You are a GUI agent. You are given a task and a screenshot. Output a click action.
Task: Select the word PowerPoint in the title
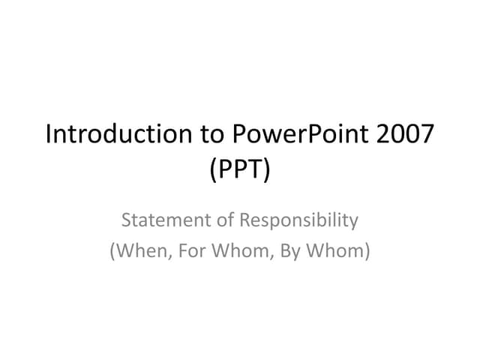pyautogui.click(x=284, y=136)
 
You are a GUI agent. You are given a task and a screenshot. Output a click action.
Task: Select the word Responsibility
pyautogui.click(x=298, y=221)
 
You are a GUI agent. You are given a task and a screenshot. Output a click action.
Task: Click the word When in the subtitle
pyautogui.click(x=138, y=251)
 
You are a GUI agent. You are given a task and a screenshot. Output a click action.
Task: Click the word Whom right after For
pyautogui.click(x=234, y=251)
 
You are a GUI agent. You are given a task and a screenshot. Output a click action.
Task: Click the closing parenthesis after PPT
pyautogui.click(x=267, y=169)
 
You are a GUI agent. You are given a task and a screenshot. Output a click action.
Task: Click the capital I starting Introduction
pyautogui.click(x=49, y=135)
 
